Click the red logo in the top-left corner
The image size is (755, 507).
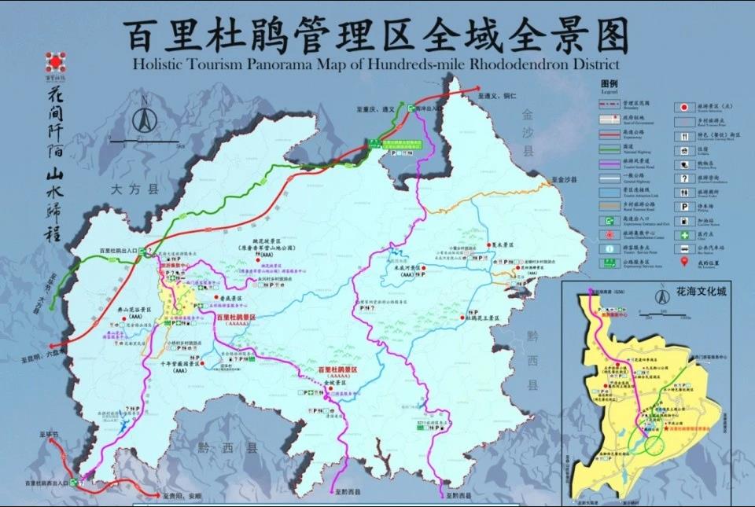(x=54, y=62)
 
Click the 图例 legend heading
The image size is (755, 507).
(x=610, y=83)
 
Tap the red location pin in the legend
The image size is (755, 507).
(x=685, y=260)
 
